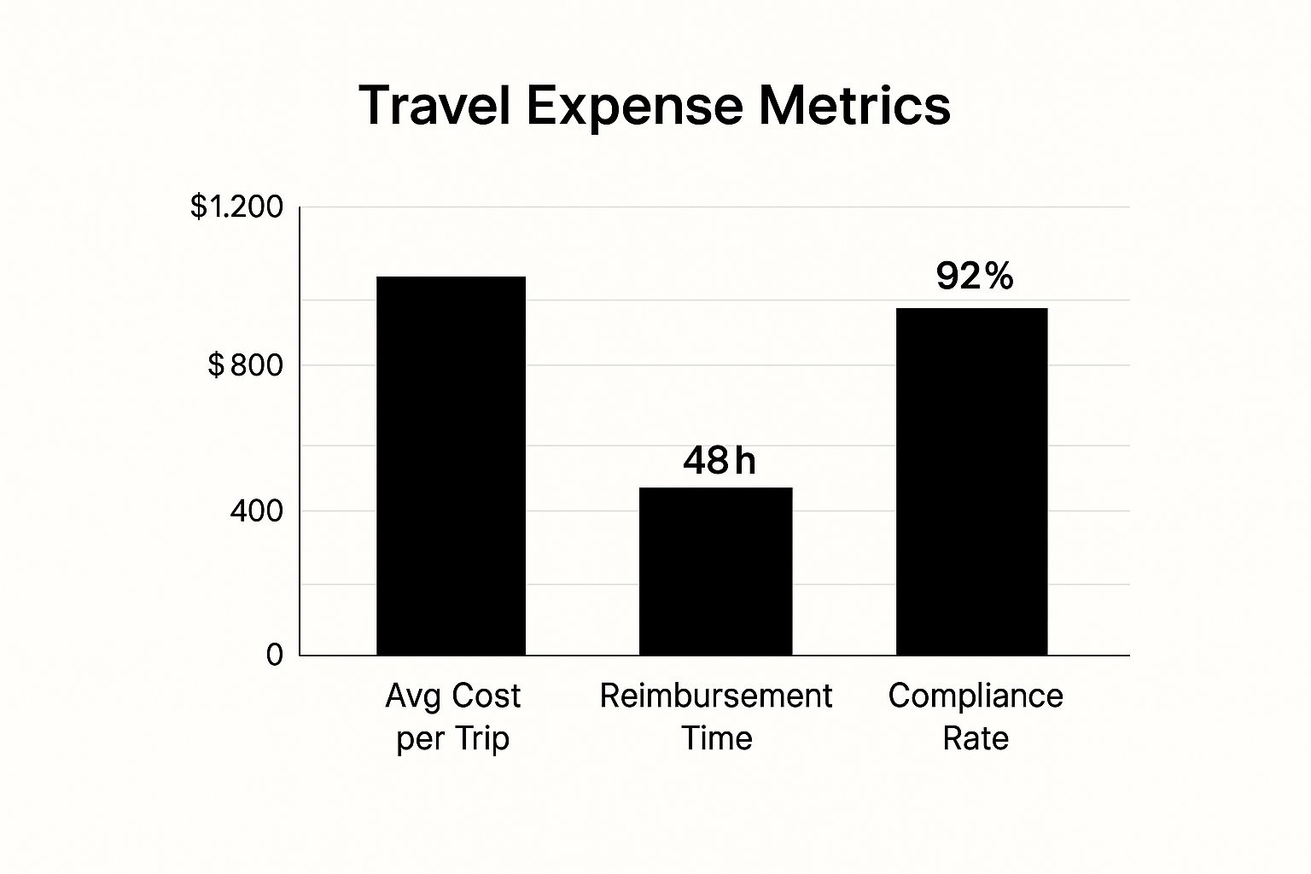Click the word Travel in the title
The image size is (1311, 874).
pos(434,107)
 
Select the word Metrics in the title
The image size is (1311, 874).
pos(854,107)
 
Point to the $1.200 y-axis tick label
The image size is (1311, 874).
pos(236,207)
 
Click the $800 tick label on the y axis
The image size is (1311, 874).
pos(245,365)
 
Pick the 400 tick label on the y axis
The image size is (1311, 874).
pos(256,511)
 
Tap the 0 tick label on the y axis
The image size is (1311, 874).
pos(274,655)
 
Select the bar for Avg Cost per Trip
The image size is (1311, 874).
pos(451,466)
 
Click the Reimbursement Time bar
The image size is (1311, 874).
pos(715,571)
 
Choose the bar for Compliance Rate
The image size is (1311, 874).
pos(971,481)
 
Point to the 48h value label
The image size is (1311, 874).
pos(719,461)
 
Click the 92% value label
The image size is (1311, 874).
pos(974,276)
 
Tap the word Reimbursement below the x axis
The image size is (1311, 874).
pos(715,696)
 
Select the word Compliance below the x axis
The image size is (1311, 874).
pos(976,696)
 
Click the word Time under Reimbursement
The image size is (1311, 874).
pos(717,738)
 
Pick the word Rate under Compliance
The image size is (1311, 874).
pos(976,738)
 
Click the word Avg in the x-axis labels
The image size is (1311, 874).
pos(413,696)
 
